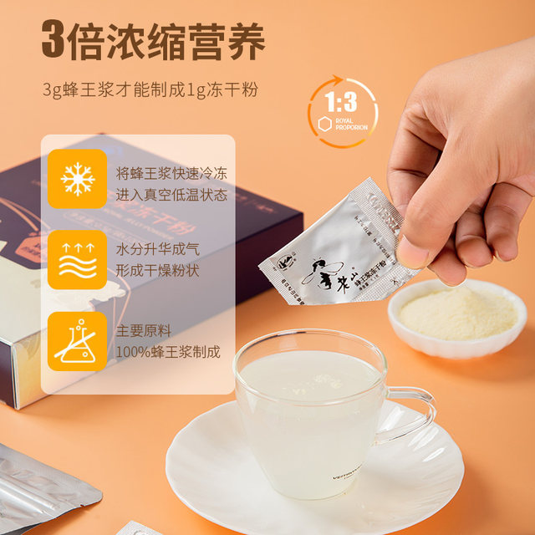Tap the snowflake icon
[x=77, y=178]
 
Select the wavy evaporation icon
[x=77, y=259]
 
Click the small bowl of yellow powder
[x=456, y=316]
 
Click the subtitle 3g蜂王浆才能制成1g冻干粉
[x=150, y=87]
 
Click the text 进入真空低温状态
[x=171, y=196]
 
